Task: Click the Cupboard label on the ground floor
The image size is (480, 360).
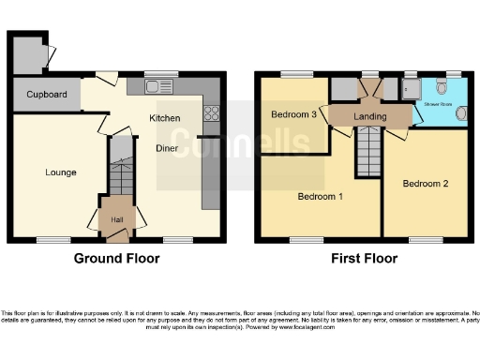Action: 47,95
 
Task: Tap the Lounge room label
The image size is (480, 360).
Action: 61,172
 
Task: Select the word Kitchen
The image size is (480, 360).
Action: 165,118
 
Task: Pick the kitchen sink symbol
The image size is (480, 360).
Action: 154,87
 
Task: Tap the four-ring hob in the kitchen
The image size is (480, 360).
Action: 211,116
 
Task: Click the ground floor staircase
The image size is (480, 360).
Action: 120,173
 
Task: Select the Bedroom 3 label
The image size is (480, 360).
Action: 293,114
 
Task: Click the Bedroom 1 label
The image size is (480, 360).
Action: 320,197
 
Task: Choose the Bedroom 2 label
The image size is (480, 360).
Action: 426,184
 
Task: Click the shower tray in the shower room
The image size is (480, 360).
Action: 410,88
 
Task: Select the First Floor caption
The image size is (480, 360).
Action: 365,259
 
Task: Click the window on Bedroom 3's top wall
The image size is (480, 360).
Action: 299,74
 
